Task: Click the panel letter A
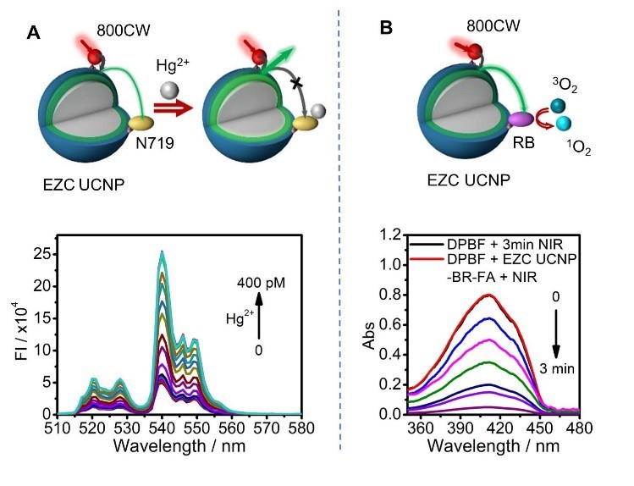(x=34, y=33)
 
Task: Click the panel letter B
(x=385, y=29)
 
